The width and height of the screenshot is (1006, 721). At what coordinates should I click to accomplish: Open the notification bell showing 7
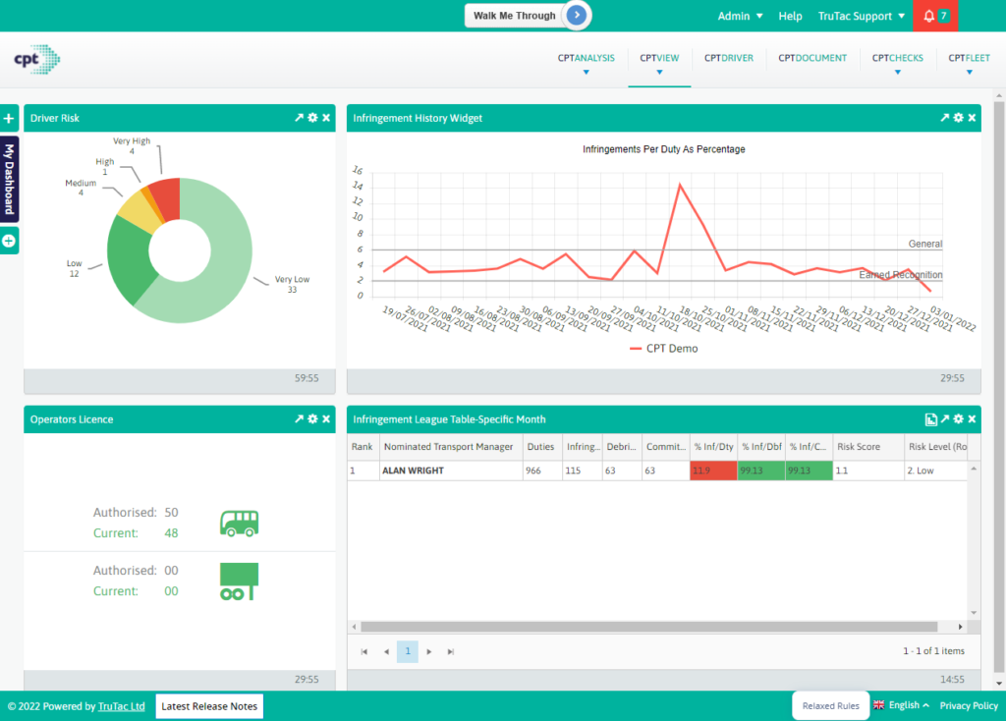(934, 16)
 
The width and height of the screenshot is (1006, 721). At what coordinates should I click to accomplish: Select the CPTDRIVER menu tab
(728, 58)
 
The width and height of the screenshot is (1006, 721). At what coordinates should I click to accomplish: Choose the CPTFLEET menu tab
(969, 58)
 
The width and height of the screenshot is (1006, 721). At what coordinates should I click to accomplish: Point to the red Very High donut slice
(166, 196)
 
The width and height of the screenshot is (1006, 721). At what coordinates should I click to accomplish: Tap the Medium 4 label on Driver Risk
(81, 188)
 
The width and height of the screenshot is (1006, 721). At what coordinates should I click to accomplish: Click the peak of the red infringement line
(680, 184)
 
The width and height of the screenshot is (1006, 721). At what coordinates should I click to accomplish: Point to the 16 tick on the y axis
(358, 170)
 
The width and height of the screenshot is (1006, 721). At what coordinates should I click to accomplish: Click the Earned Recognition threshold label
(900, 275)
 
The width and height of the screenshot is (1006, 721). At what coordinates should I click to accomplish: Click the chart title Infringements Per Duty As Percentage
(663, 149)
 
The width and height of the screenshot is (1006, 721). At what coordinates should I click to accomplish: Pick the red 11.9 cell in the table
(713, 471)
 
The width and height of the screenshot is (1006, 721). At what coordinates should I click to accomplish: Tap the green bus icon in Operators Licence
(239, 523)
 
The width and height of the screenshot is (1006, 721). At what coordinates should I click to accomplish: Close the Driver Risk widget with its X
(327, 118)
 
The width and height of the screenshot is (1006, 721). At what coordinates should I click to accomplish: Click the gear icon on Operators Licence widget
(312, 419)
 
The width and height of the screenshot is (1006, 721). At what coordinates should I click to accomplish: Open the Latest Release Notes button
(209, 705)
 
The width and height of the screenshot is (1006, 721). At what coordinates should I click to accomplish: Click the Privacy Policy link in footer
(969, 705)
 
